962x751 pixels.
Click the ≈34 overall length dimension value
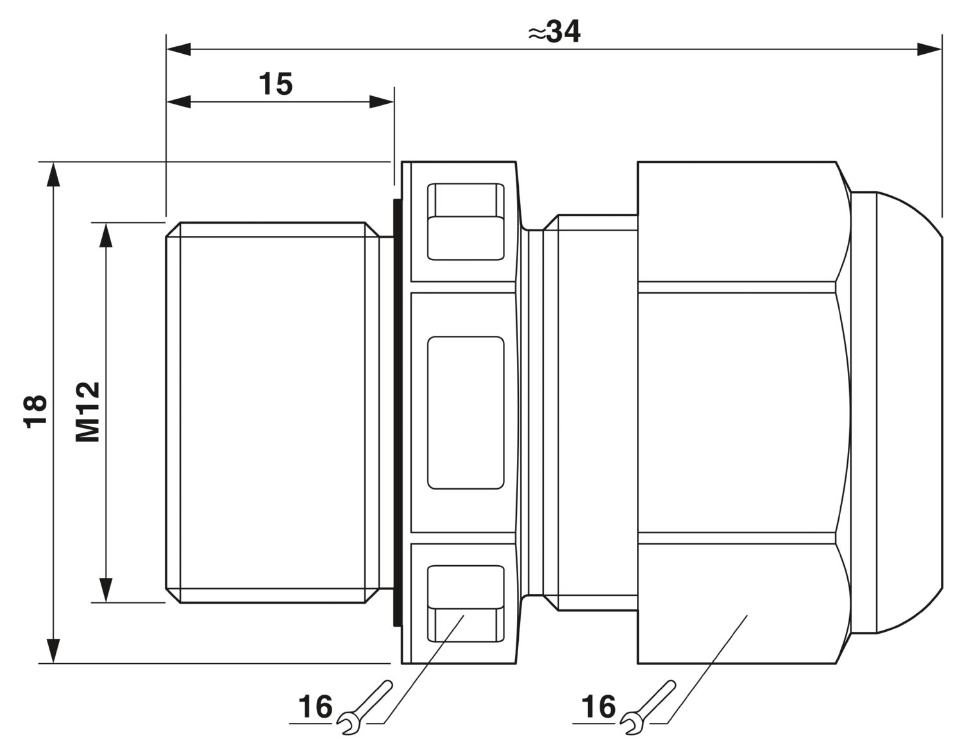(x=554, y=32)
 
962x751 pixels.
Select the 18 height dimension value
(x=35, y=411)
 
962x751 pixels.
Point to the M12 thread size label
(x=87, y=412)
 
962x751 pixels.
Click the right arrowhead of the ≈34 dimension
(x=929, y=49)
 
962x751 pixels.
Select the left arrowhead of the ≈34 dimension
(x=178, y=49)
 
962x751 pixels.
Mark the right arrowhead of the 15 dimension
(x=382, y=102)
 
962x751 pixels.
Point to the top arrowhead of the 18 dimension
(x=53, y=175)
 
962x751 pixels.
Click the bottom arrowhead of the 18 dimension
(x=53, y=651)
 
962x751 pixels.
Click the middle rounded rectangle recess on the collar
(x=465, y=413)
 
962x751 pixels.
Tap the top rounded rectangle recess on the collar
(x=465, y=221)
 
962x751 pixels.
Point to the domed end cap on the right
(x=897, y=413)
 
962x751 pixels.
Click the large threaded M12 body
(x=273, y=413)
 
